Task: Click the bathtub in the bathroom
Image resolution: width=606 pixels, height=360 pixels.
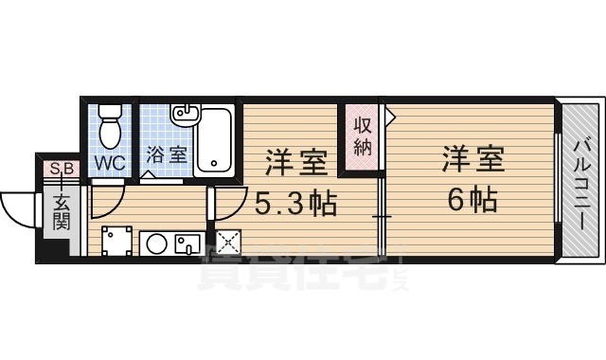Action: pyautogui.click(x=216, y=139)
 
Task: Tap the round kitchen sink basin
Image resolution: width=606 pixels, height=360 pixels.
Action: pyautogui.click(x=157, y=243)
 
